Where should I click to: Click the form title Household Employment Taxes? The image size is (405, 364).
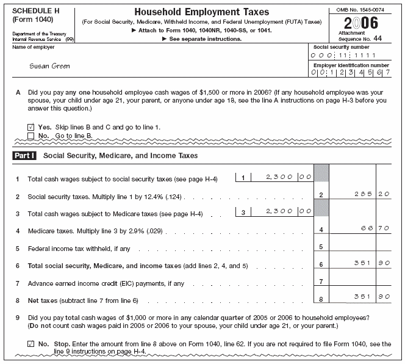pos(202,12)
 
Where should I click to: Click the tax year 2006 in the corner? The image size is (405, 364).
pos(361,23)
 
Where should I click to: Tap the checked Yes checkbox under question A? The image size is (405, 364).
pos(31,127)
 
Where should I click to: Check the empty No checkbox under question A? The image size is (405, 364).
pos(31,135)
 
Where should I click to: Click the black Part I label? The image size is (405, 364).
pos(24,156)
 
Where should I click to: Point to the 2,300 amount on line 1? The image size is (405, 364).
pos(280,177)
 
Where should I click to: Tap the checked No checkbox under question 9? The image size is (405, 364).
pos(31,344)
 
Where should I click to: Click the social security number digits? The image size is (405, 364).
pos(350,55)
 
